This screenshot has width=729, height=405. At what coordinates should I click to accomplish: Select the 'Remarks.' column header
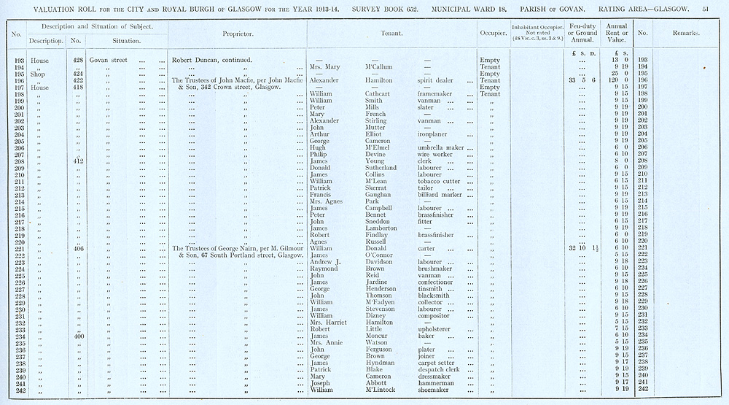pyautogui.click(x=687, y=34)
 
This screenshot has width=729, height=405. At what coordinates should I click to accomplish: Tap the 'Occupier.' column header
pyautogui.click(x=488, y=34)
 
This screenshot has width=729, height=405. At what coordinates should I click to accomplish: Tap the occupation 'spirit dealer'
pyautogui.click(x=434, y=80)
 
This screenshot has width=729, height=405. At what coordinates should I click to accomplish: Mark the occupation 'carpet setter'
pyautogui.click(x=437, y=363)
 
